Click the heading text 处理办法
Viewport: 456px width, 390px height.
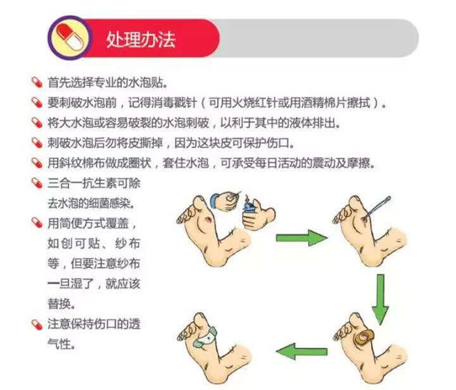point(141,39)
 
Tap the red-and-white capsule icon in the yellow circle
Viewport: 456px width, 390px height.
point(70,37)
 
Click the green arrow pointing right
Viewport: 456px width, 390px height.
point(301,237)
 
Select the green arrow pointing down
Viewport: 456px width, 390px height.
point(381,299)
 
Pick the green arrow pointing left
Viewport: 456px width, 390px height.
point(301,351)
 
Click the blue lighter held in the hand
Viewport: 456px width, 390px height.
point(249,208)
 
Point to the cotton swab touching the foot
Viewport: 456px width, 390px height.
point(377,206)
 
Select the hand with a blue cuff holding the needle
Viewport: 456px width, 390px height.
point(225,201)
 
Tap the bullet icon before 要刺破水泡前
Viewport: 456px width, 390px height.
point(37,103)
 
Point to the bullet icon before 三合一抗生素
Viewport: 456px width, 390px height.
point(37,183)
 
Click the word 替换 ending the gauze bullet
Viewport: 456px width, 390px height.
point(59,304)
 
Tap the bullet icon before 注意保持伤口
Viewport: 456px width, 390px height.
point(37,324)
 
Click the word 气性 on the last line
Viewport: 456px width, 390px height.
point(59,344)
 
